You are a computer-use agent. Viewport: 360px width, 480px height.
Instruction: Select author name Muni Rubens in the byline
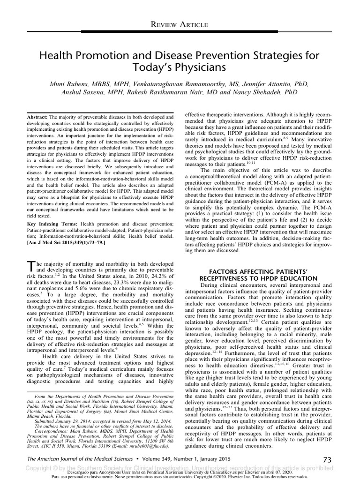coord(71,84)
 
